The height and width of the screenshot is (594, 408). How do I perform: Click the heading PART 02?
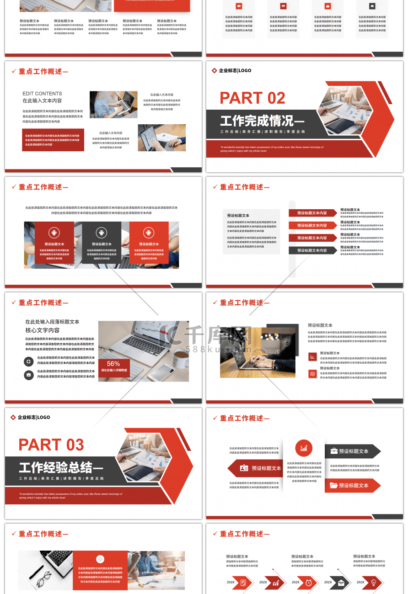(252, 98)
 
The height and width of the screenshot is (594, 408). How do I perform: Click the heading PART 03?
(51, 445)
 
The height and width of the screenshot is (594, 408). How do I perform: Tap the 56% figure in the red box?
(113, 364)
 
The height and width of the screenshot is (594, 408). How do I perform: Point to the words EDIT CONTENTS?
(42, 94)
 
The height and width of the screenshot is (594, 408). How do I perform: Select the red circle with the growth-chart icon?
(304, 448)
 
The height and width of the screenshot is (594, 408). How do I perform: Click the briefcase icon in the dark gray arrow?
(334, 451)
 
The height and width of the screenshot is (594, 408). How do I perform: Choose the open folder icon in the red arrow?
(333, 485)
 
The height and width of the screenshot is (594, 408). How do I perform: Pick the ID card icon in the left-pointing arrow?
(244, 468)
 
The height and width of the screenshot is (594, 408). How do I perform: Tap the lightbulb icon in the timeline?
(373, 582)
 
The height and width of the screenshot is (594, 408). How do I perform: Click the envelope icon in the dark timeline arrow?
(341, 582)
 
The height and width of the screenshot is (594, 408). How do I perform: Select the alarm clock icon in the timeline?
(309, 582)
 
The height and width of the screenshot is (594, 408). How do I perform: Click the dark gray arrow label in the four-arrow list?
(312, 250)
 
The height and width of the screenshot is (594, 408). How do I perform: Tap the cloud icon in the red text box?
(100, 559)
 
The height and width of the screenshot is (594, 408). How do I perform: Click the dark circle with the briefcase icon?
(29, 375)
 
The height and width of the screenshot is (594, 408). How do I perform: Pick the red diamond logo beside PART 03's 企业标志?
(13, 417)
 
